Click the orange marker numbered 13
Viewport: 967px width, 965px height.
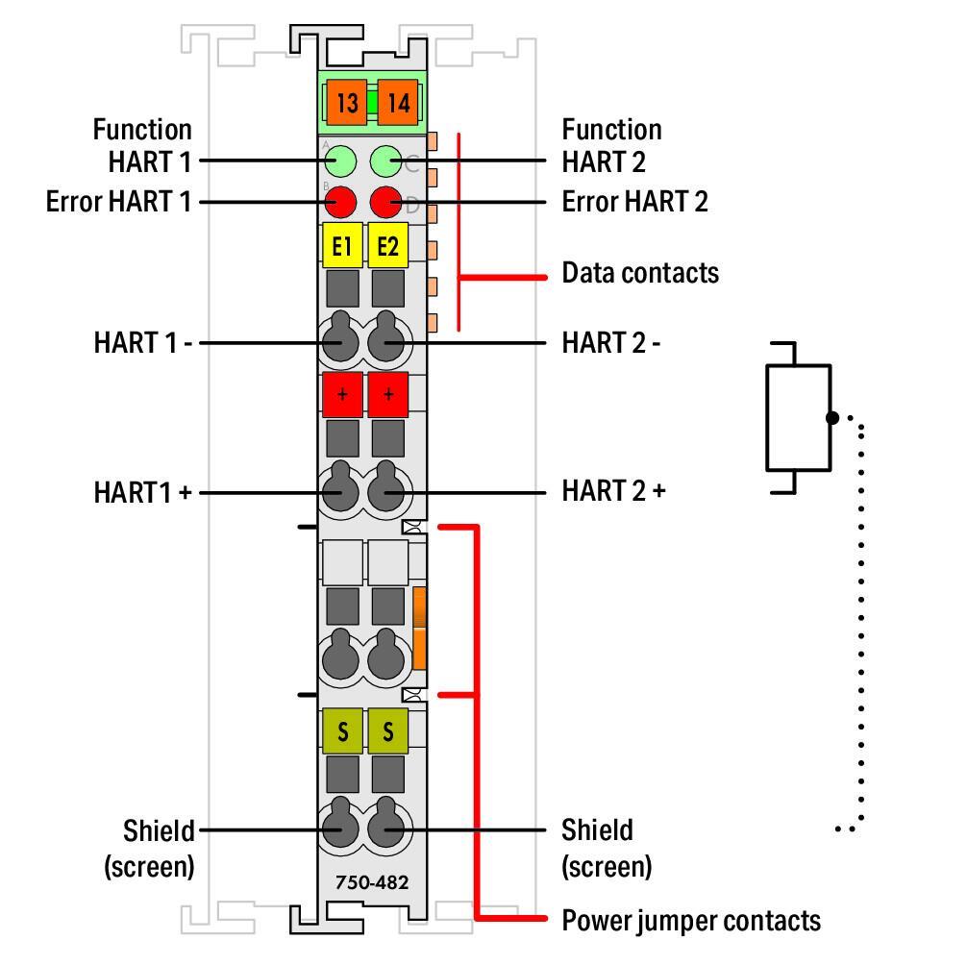point(346,103)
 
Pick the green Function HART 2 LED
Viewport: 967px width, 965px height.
point(385,161)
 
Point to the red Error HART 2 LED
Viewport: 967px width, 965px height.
point(385,202)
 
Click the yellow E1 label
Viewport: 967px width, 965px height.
point(341,247)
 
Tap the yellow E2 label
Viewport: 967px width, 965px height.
point(388,247)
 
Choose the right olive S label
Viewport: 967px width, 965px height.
point(388,732)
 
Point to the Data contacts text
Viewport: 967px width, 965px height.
point(639,273)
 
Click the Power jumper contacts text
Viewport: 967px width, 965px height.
point(690,921)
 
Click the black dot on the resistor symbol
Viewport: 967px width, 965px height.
point(832,418)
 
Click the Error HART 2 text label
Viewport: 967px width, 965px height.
point(634,202)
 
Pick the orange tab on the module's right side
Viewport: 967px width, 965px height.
point(420,630)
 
